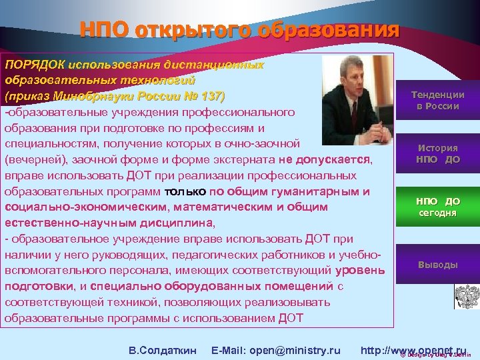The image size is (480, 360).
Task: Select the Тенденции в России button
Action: coord(437,101)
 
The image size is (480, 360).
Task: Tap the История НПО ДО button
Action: coord(437,153)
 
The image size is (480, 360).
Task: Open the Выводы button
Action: coord(437,265)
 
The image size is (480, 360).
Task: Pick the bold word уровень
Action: coord(361,270)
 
